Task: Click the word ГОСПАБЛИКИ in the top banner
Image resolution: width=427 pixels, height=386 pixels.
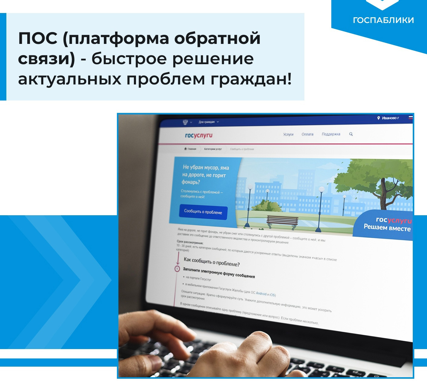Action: coord(383,20)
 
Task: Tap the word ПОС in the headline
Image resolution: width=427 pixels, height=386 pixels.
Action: coord(38,39)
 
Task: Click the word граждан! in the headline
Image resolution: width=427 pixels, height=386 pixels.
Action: coord(251,79)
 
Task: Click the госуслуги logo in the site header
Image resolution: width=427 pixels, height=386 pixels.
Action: coord(199,135)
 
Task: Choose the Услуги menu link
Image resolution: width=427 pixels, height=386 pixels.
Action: coord(288,134)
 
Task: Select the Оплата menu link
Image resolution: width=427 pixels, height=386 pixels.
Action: coord(307,134)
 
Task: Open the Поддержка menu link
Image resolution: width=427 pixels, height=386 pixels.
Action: coord(331,134)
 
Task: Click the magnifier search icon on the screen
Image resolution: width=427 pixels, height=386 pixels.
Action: coord(351,134)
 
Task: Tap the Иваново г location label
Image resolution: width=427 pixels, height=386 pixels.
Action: coord(390,118)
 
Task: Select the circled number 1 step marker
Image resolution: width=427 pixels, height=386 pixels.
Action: coord(177,269)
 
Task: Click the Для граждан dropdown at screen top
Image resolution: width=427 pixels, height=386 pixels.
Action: coord(209,122)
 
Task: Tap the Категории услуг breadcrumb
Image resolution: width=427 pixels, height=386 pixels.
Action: coord(213,149)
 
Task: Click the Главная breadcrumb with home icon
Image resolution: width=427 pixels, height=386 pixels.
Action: coord(190,149)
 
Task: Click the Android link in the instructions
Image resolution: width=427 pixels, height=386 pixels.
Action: coord(261,293)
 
